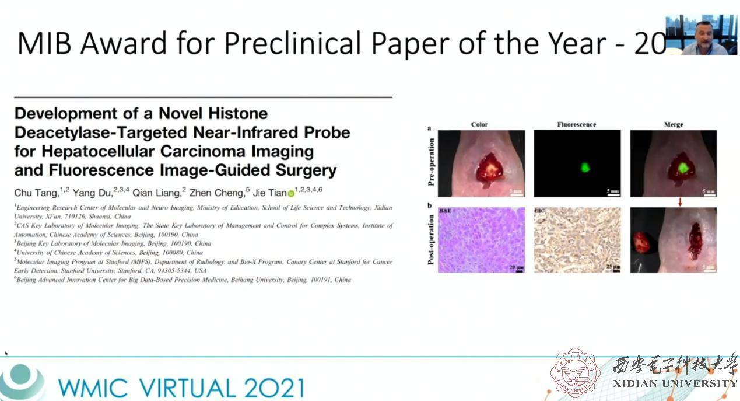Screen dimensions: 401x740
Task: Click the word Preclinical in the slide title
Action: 286,43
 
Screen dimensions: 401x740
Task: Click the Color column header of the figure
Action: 479,124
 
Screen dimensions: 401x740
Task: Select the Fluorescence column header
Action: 576,124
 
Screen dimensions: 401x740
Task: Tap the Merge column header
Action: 674,124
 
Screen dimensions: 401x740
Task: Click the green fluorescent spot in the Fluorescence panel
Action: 584,168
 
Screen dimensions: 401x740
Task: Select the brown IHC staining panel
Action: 577,240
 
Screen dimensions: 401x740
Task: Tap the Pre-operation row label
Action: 431,162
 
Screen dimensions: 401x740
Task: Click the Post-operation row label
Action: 431,240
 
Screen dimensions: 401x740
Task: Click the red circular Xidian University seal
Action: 576,374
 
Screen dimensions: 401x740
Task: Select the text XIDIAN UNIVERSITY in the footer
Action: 675,383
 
